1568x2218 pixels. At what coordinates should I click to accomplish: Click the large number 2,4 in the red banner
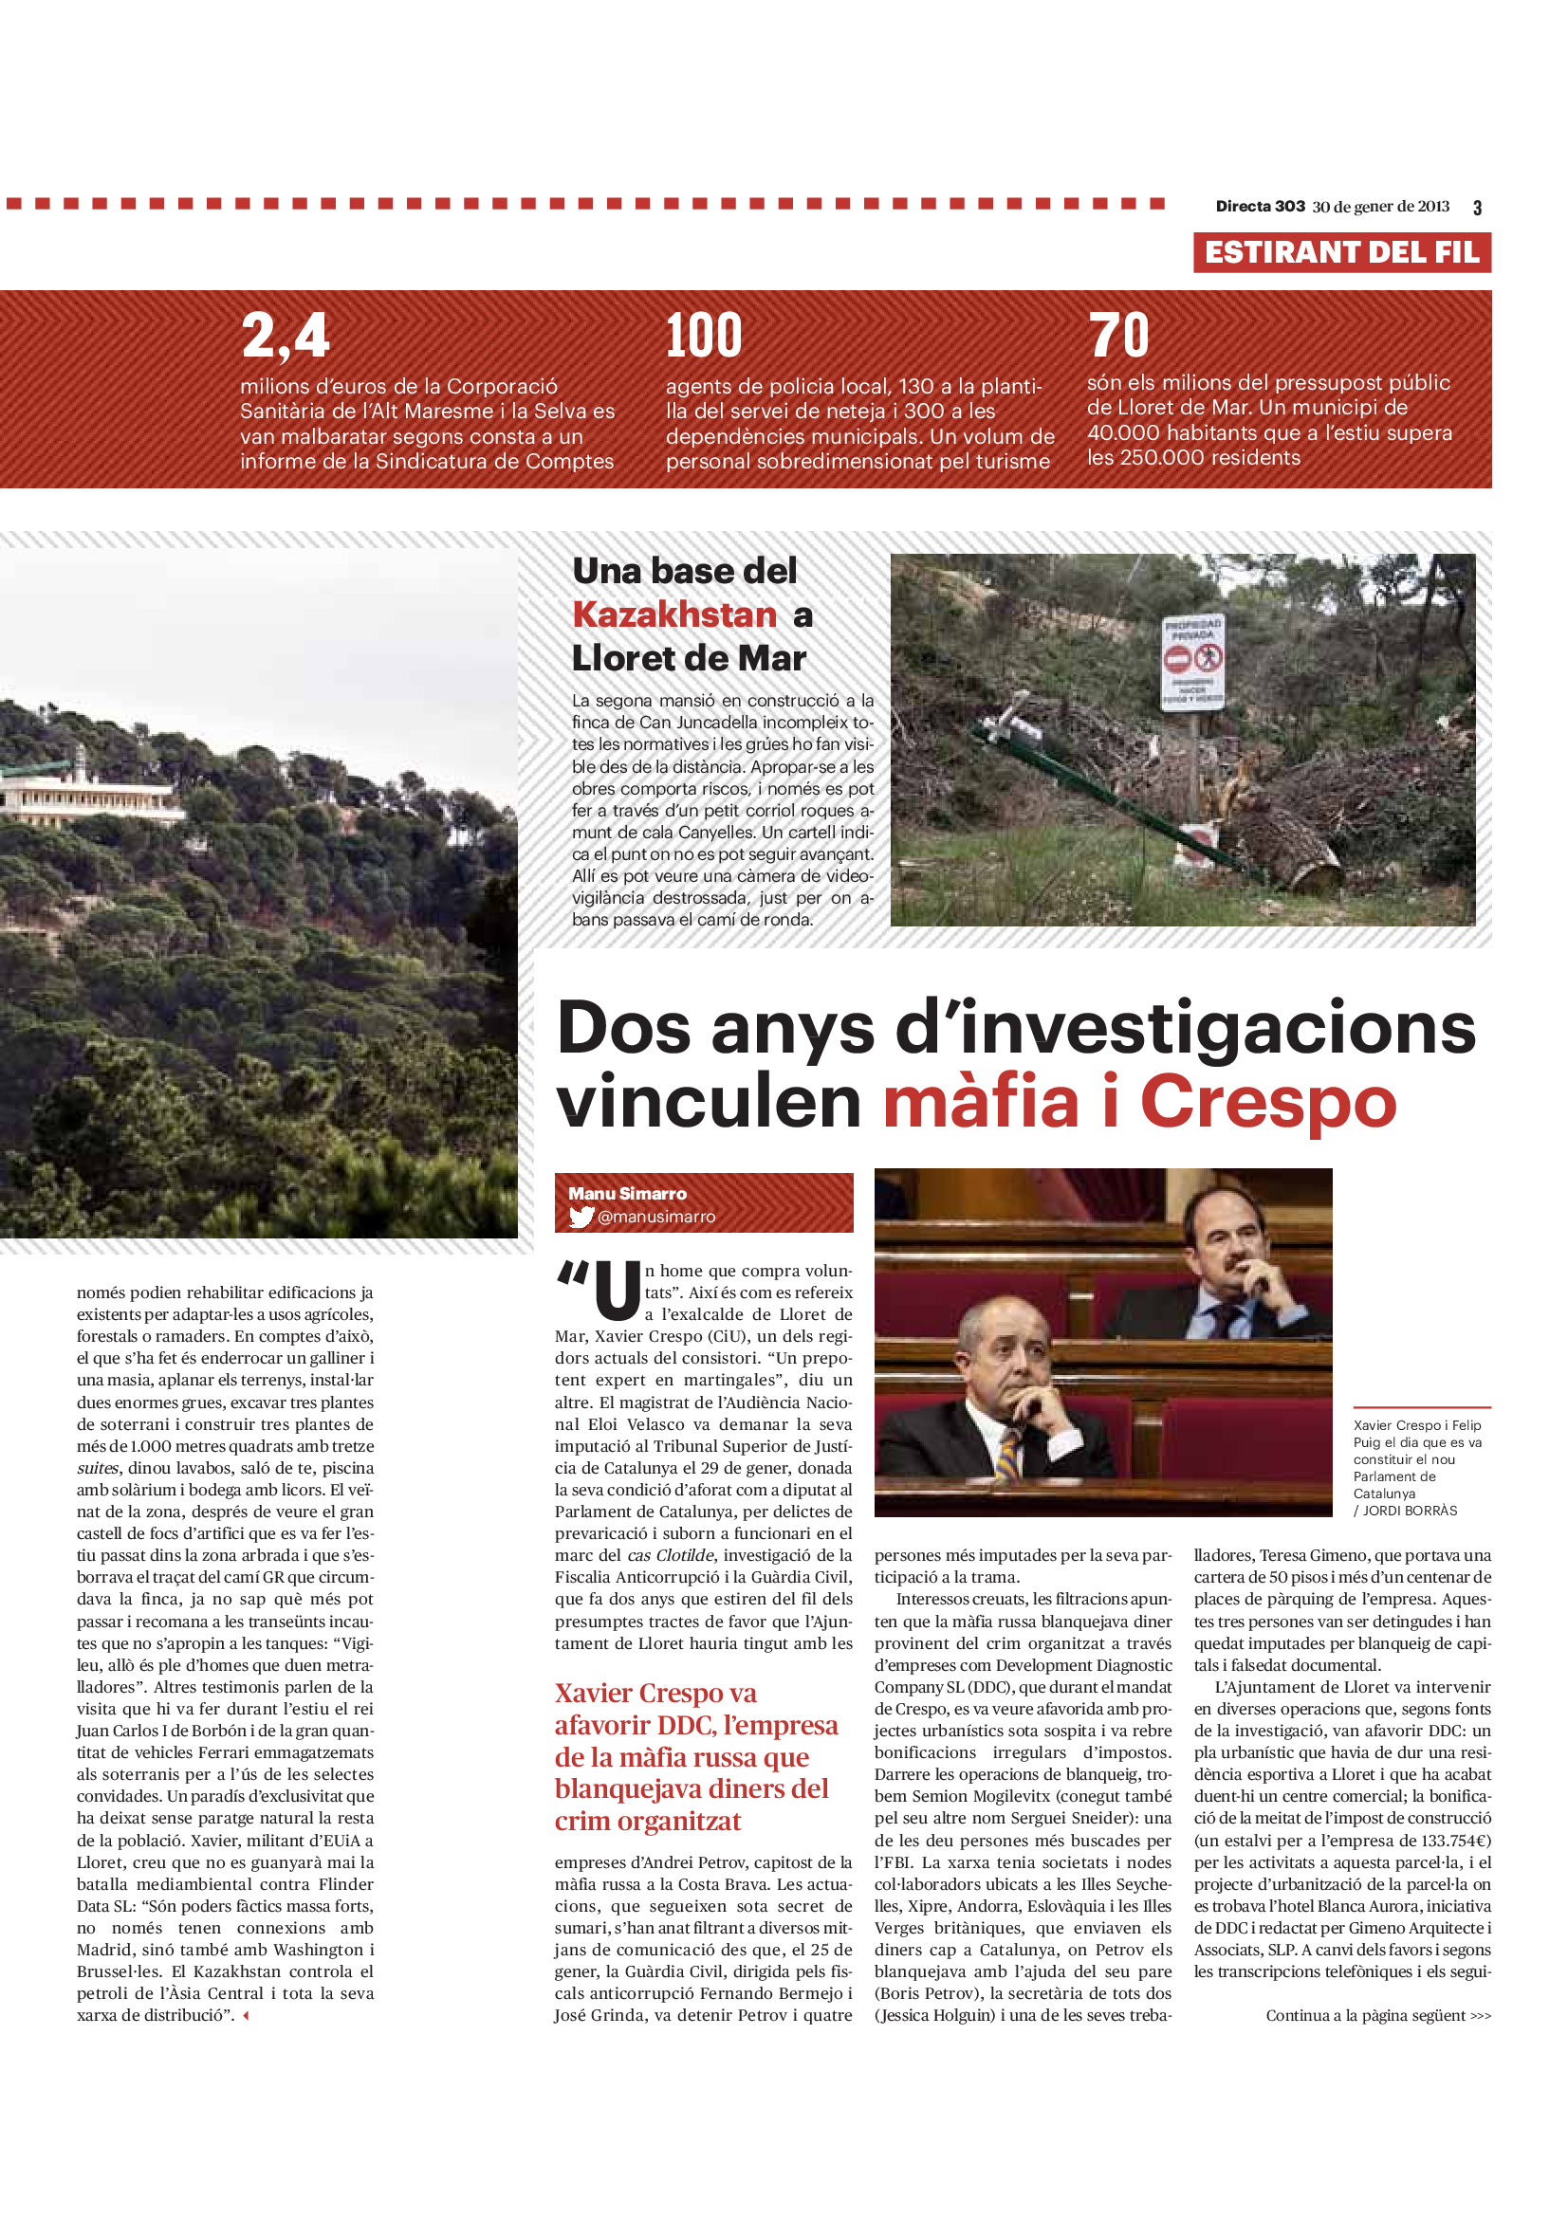tap(286, 335)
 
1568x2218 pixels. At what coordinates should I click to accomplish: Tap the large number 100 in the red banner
tap(703, 335)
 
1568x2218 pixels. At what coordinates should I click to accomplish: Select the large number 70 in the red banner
tap(1118, 335)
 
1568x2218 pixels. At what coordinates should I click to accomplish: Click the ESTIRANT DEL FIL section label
tap(1341, 253)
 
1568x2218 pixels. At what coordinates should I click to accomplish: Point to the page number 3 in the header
tap(1477, 208)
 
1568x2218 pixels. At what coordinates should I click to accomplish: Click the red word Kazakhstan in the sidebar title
tap(674, 614)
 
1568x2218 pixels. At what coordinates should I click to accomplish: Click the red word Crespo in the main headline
tap(1267, 1102)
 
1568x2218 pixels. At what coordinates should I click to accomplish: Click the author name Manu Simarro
tap(628, 1193)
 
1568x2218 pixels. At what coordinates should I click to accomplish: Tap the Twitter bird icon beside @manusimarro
tap(581, 1218)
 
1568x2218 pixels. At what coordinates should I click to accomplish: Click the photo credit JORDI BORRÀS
tap(1410, 1511)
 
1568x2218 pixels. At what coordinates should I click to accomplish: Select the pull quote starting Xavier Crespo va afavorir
tap(695, 1756)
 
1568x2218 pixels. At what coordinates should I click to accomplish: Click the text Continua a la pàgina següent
tap(1377, 2015)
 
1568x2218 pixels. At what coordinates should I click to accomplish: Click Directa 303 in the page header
tap(1260, 207)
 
